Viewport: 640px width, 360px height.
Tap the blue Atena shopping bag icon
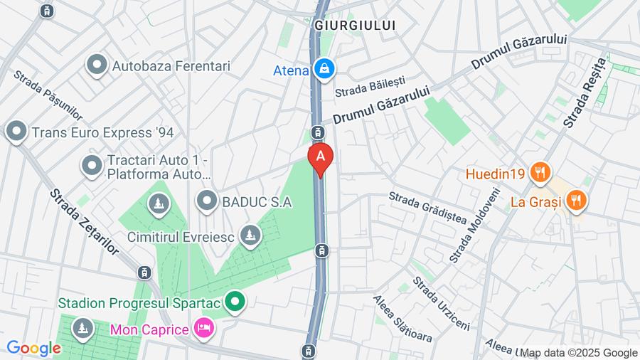click(x=324, y=69)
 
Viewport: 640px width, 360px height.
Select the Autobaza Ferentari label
click(x=171, y=66)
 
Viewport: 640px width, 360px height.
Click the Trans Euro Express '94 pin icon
click(x=16, y=132)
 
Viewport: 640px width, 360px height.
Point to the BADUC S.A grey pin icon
click(x=207, y=201)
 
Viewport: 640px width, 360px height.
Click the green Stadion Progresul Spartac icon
click(x=235, y=303)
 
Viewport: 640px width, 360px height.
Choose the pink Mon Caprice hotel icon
click(x=203, y=329)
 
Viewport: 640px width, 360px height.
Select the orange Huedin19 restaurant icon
click(x=541, y=173)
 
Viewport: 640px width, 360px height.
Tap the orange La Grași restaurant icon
click(x=576, y=201)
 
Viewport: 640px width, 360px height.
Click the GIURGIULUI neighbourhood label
click(x=354, y=26)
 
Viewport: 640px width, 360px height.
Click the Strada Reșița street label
click(x=585, y=93)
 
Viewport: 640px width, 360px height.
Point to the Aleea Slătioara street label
click(x=402, y=319)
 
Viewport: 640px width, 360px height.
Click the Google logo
click(x=33, y=348)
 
